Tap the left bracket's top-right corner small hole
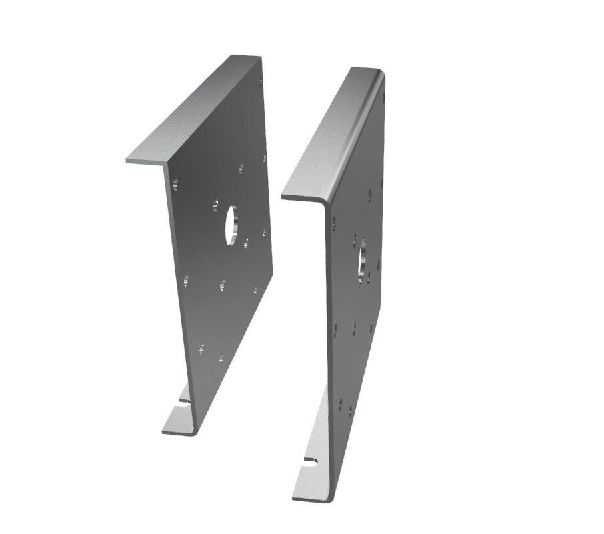(x=260, y=83)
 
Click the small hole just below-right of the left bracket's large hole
(x=246, y=244)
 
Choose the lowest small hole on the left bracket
(x=221, y=358)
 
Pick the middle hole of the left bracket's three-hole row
(x=222, y=285)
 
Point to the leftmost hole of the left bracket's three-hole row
(x=186, y=281)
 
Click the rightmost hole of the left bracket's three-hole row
(x=255, y=290)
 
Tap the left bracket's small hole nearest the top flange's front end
(x=175, y=184)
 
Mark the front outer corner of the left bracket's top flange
(x=127, y=161)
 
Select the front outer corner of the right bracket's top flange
(x=283, y=197)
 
